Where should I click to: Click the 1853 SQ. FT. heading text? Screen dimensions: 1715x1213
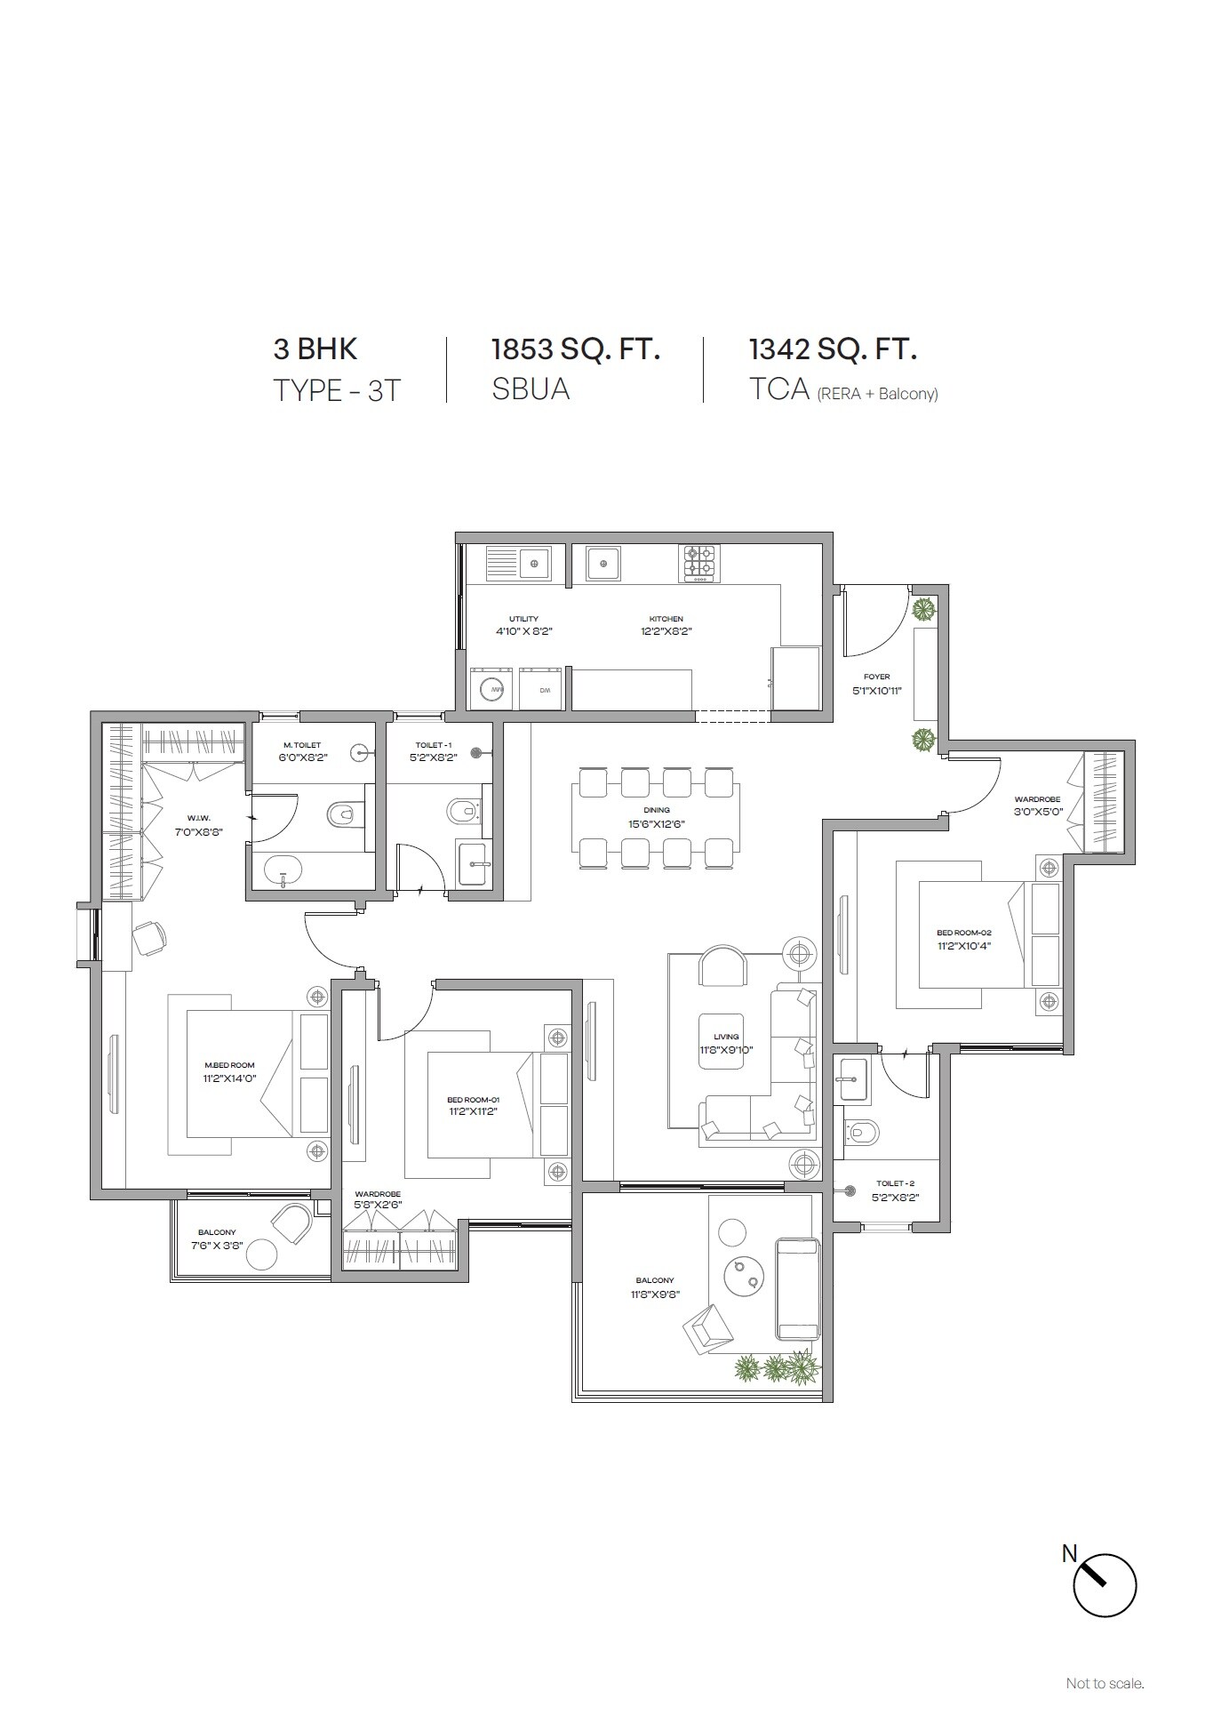point(575,349)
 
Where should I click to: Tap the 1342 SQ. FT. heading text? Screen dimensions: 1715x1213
point(832,349)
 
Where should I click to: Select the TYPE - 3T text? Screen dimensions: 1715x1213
point(337,390)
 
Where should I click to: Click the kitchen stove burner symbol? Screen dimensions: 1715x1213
point(698,563)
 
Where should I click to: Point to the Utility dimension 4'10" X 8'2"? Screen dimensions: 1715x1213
point(523,631)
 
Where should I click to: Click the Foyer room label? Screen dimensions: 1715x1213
point(876,677)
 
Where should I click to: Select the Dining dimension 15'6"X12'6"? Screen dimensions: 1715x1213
point(657,823)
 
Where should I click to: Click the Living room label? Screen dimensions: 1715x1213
point(726,1037)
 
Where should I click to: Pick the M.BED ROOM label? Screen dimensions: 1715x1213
point(229,1065)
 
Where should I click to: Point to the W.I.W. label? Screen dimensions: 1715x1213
point(198,818)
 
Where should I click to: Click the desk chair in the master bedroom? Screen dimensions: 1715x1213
point(148,937)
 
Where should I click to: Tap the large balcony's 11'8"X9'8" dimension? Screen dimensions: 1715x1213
point(654,1294)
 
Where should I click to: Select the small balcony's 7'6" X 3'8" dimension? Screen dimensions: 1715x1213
point(217,1246)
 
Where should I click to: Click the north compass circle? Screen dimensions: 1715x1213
point(1105,1584)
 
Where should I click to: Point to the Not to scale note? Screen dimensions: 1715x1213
point(1105,1683)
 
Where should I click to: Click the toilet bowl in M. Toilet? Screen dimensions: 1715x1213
point(341,813)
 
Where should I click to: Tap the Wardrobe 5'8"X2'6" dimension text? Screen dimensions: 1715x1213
point(378,1206)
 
